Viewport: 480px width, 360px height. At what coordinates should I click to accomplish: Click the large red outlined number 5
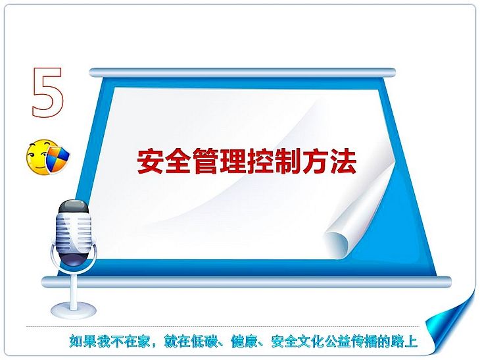[47, 92]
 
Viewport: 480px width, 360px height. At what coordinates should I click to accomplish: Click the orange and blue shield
[57, 158]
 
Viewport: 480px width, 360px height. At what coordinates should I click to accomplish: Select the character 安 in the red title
[150, 161]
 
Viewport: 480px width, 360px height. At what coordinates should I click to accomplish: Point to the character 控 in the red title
[261, 161]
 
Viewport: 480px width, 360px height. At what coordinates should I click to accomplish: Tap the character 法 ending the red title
[343, 161]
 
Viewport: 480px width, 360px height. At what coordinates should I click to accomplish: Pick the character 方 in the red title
[316, 161]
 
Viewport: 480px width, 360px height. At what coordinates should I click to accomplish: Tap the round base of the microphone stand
[74, 309]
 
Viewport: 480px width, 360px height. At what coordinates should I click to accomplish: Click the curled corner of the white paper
[340, 239]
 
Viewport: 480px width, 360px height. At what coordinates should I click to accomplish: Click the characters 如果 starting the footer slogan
[83, 342]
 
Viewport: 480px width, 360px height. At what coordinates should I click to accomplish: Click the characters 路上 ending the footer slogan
[404, 342]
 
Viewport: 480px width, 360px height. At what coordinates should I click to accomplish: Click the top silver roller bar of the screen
[243, 73]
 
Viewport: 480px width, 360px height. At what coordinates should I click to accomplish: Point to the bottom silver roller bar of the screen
[247, 282]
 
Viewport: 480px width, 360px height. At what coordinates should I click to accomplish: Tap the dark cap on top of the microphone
[74, 207]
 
